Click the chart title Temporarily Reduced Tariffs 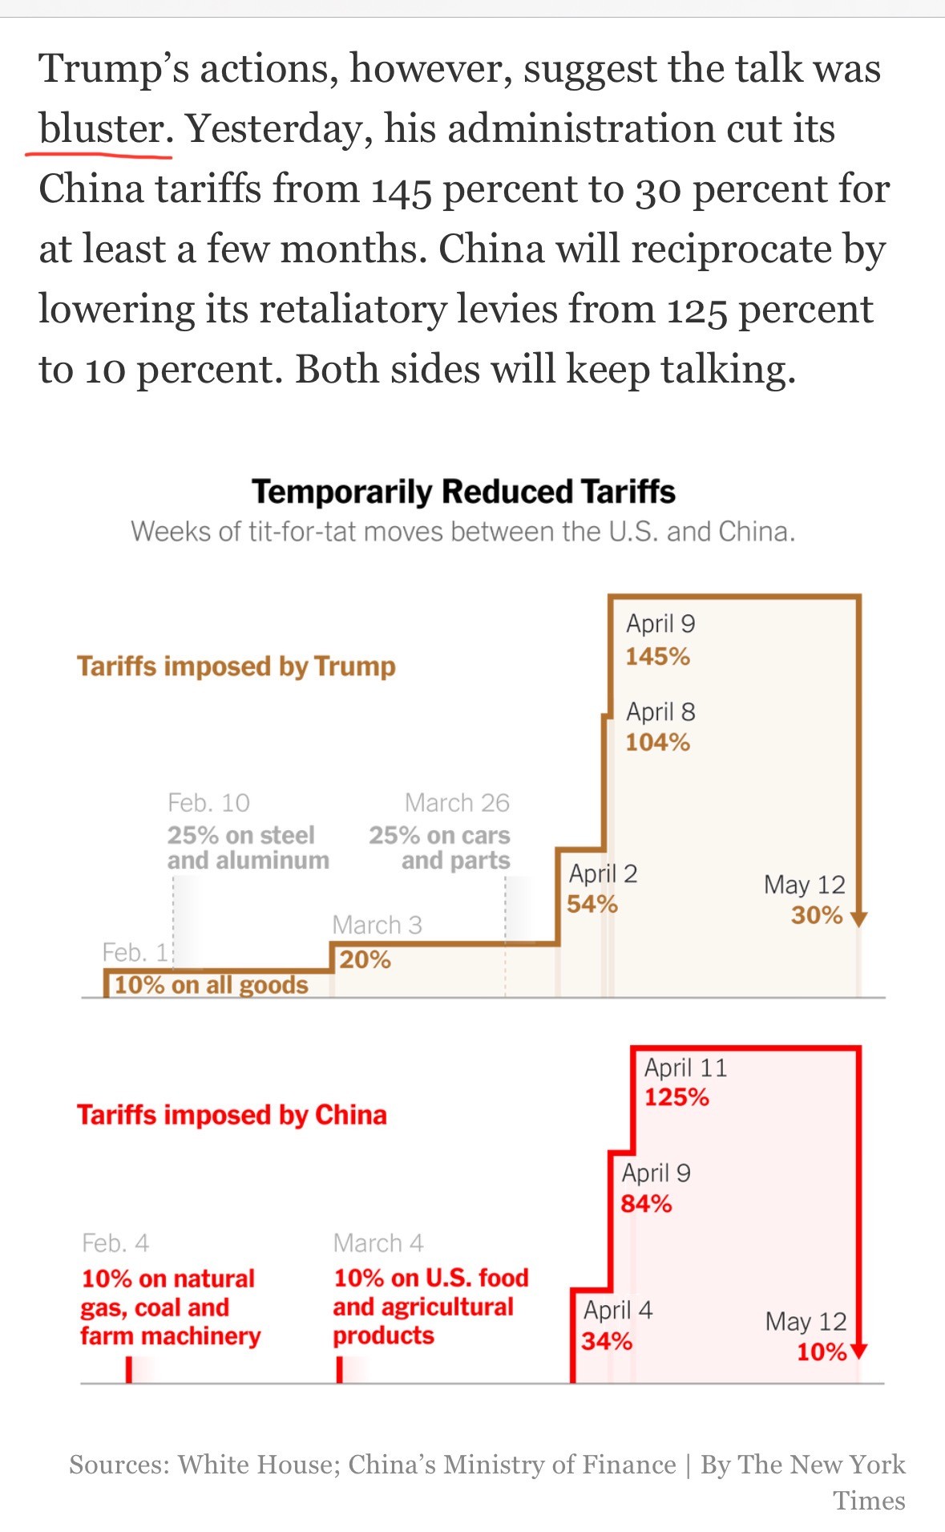(x=463, y=492)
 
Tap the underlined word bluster (x=101, y=128)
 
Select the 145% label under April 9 (x=657, y=656)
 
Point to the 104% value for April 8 (x=657, y=742)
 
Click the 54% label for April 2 (x=592, y=904)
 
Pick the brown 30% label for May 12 (x=816, y=915)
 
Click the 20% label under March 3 (x=365, y=959)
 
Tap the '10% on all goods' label (x=211, y=985)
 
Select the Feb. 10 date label (x=208, y=802)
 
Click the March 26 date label (x=457, y=802)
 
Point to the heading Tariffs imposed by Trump (x=236, y=667)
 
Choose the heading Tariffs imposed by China (x=232, y=1115)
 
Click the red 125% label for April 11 (x=676, y=1096)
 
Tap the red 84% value (x=646, y=1203)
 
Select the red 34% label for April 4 (x=607, y=1340)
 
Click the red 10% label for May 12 (x=821, y=1352)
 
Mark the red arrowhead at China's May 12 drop (x=858, y=1352)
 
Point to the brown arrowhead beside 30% (x=858, y=919)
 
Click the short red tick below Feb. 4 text (x=128, y=1369)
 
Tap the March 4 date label (x=378, y=1243)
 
